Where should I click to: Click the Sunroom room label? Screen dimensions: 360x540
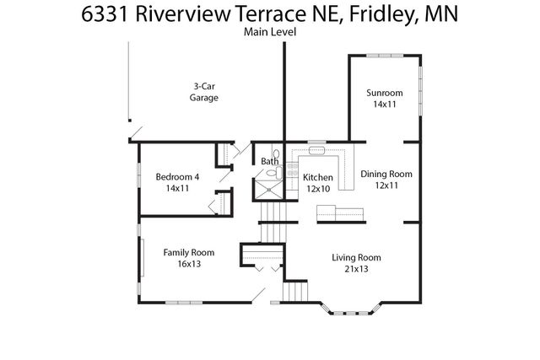(x=383, y=92)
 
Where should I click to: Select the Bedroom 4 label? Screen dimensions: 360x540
(x=177, y=176)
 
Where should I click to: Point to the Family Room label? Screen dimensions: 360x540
(x=189, y=252)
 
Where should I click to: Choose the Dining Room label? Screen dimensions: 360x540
(x=386, y=174)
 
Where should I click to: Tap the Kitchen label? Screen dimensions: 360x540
(x=318, y=178)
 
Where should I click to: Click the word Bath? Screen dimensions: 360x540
(x=269, y=161)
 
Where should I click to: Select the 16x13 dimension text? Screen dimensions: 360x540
(x=189, y=264)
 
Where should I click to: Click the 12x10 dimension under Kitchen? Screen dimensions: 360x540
(x=318, y=189)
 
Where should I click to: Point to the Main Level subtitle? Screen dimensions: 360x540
(x=270, y=32)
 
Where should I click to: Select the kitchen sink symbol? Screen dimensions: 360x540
(x=317, y=152)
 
